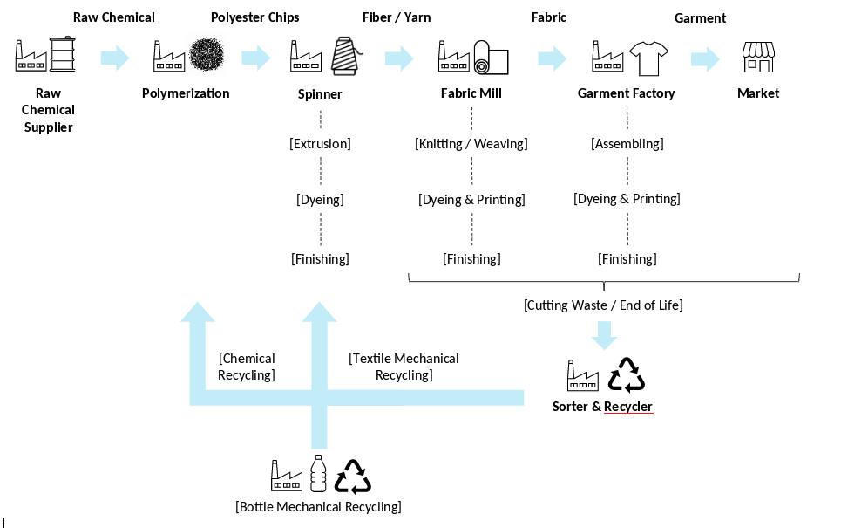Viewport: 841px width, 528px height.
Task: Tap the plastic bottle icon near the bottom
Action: tap(319, 474)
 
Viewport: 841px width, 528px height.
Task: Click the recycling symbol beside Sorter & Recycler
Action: tap(627, 375)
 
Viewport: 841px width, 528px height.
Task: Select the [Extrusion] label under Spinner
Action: tap(320, 144)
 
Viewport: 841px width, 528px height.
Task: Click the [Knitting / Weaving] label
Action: tap(471, 144)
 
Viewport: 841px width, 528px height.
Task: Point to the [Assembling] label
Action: tap(627, 144)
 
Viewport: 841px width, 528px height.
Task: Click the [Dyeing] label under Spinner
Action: tap(320, 200)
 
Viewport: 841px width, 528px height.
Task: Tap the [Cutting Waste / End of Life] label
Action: tap(603, 305)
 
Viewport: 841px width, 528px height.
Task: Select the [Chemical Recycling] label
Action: tap(247, 367)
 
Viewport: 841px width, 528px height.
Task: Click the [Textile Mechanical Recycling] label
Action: tap(404, 367)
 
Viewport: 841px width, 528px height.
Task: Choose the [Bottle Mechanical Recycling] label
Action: tap(318, 507)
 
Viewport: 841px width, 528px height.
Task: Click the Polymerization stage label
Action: tap(186, 93)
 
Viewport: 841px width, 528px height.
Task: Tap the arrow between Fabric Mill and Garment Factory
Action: tap(553, 58)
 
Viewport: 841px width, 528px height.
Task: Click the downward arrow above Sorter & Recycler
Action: tap(604, 335)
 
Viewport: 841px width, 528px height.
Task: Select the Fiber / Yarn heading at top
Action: tap(397, 17)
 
